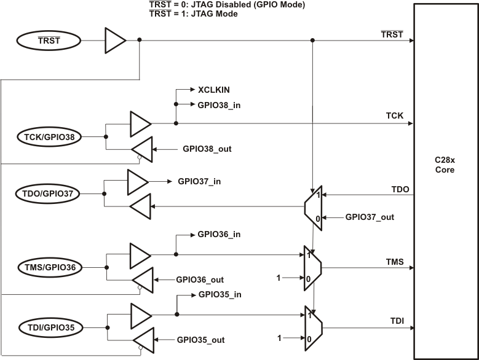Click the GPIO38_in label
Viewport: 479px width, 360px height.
[220, 105]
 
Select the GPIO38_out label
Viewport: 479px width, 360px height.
[207, 149]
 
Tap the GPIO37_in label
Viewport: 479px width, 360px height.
[200, 181]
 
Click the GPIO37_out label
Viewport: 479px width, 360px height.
[370, 217]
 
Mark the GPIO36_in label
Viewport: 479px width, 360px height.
[220, 235]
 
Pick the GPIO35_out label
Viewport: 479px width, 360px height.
[200, 339]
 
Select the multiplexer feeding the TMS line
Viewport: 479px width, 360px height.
[312, 267]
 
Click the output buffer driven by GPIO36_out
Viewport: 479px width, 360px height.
[141, 280]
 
